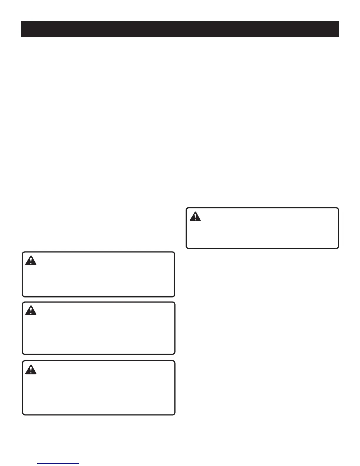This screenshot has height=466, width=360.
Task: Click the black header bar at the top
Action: coord(180,29)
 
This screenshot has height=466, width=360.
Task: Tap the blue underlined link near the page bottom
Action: coord(58,463)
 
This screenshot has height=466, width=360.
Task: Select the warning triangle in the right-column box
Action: coord(195,217)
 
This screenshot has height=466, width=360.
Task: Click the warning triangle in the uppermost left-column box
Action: coord(31,261)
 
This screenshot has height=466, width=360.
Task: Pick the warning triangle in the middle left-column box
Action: coord(31,310)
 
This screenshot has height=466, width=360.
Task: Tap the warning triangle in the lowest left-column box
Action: coord(31,370)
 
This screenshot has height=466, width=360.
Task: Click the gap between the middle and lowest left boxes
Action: coord(99,357)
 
